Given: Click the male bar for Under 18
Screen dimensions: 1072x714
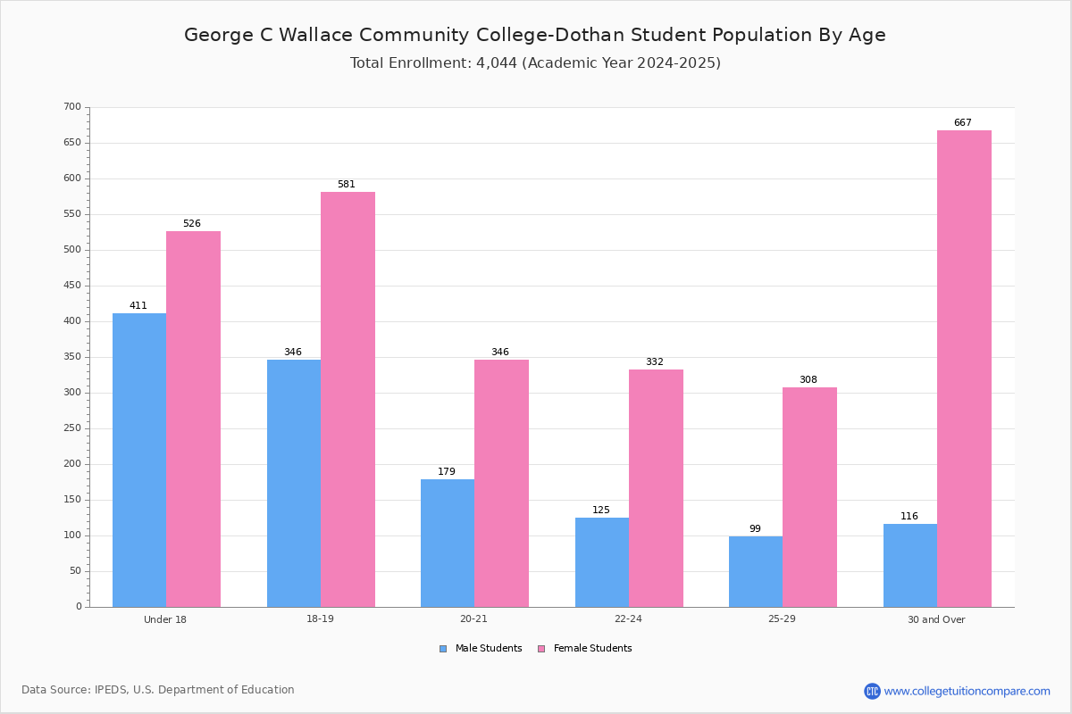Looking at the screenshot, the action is pos(139,460).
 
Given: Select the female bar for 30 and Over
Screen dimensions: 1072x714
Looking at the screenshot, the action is pos(964,369).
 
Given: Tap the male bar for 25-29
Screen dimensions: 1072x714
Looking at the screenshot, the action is pos(756,572).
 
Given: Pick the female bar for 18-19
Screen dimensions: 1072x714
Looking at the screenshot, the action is pos(348,399).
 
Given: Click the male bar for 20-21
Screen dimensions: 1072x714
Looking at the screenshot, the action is pos(448,544).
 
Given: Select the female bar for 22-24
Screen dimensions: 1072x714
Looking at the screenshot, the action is pos(656,488).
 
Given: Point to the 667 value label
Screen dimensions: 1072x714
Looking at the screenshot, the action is pos(963,122).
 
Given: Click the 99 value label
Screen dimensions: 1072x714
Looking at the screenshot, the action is pos(755,528).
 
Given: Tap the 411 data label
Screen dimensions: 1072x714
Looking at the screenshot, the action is pos(138,305).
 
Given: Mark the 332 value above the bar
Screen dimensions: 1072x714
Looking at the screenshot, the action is pos(655,361).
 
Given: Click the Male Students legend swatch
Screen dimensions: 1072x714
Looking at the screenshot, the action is pos(443,649).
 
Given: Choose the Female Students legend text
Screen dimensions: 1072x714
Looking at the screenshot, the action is pos(592,648).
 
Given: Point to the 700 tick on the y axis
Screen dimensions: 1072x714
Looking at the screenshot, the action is pos(72,106).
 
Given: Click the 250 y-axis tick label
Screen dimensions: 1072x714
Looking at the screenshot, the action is pos(72,428).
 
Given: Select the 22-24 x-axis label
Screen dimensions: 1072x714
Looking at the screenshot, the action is pos(628,619).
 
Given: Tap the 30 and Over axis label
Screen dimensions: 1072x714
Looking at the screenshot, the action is pos(936,619).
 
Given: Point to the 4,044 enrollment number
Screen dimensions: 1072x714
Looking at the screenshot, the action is pos(497,62).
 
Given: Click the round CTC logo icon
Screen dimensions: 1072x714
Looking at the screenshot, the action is pos(872,691).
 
